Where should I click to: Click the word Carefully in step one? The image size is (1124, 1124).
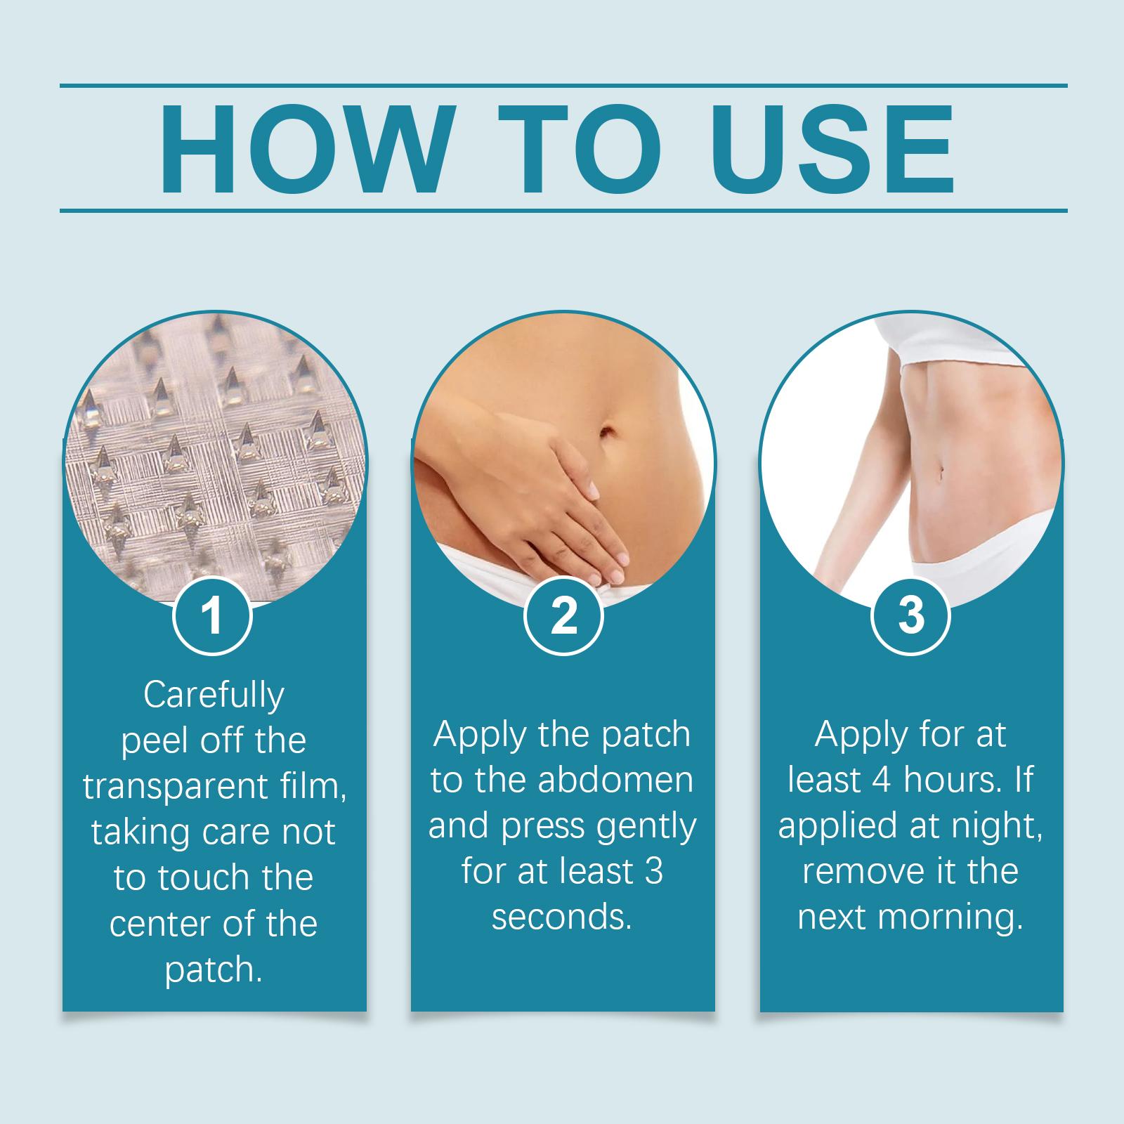[x=214, y=695]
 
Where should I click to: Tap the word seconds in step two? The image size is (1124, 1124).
[x=561, y=918]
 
